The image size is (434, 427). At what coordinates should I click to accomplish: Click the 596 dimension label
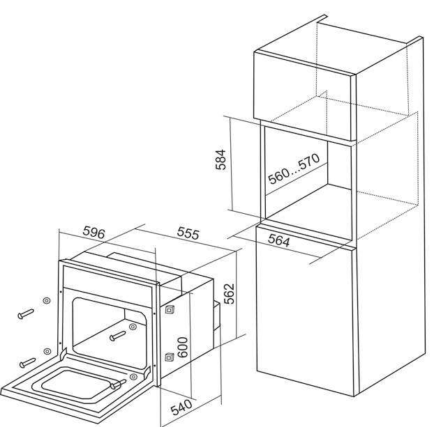[x=94, y=232]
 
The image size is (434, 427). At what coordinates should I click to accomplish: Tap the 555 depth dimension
[x=188, y=233]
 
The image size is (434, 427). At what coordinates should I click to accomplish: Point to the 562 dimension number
[x=229, y=293]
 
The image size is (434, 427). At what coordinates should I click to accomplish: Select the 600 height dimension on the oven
[x=183, y=347]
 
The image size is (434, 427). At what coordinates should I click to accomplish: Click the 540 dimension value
[x=181, y=407]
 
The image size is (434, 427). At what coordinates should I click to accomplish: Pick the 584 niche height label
[x=221, y=160]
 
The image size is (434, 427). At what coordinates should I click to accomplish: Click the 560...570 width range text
[x=294, y=169]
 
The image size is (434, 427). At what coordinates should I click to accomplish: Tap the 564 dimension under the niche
[x=279, y=240]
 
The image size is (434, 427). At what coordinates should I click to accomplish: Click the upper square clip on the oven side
[x=169, y=309]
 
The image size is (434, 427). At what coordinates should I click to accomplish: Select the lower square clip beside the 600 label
[x=169, y=357]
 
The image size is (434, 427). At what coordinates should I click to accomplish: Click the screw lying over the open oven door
[x=118, y=384]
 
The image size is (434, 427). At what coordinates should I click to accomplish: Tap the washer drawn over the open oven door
[x=133, y=377]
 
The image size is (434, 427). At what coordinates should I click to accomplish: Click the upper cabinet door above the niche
[x=303, y=95]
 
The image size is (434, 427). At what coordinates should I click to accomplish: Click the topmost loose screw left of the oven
[x=26, y=313]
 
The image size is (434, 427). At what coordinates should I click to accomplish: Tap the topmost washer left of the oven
[x=47, y=301]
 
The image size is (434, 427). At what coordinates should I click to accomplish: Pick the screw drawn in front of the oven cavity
[x=118, y=336]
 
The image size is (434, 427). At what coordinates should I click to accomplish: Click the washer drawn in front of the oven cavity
[x=133, y=327]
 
